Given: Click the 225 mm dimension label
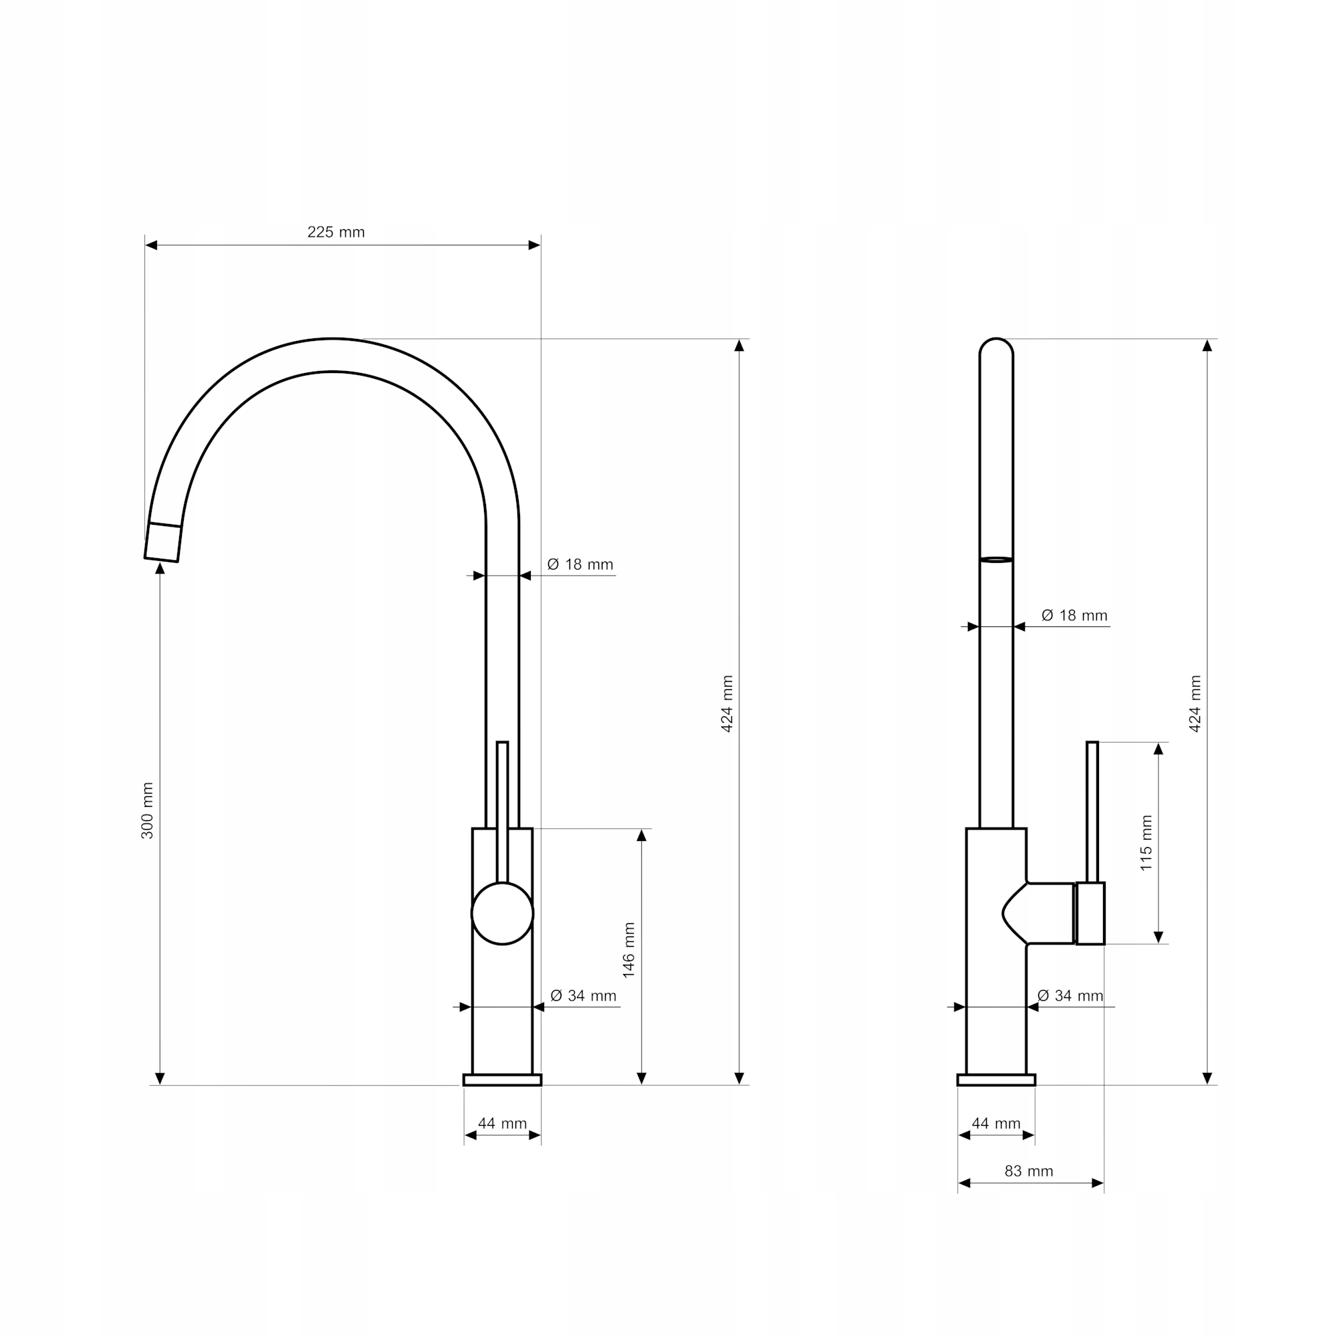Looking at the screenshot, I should [x=336, y=232].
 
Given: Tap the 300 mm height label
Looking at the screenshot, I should [x=147, y=810].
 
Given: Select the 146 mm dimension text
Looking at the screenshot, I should [x=628, y=950].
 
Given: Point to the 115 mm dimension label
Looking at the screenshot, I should [x=1146, y=843].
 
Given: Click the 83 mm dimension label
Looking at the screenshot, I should [x=1028, y=1171].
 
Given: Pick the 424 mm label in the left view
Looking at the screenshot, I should [x=727, y=704].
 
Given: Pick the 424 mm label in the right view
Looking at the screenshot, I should [x=1195, y=704].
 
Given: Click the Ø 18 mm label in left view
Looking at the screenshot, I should [x=580, y=564].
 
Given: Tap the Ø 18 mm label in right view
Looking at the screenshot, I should [x=1074, y=615].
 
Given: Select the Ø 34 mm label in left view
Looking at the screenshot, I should [x=583, y=995].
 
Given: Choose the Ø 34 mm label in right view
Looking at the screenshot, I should [x=1070, y=995].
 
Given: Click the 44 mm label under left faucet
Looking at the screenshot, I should [x=502, y=1123].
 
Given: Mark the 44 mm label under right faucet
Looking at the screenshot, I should [x=996, y=1123].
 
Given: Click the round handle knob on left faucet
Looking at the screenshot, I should [x=502, y=913].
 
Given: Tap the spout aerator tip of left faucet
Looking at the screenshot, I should [x=162, y=543].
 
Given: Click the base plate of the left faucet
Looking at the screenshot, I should [x=502, y=1080].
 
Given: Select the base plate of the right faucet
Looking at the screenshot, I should [x=996, y=1080].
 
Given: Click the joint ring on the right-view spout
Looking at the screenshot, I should [x=996, y=559].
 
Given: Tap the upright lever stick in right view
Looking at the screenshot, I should [x=1092, y=810].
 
